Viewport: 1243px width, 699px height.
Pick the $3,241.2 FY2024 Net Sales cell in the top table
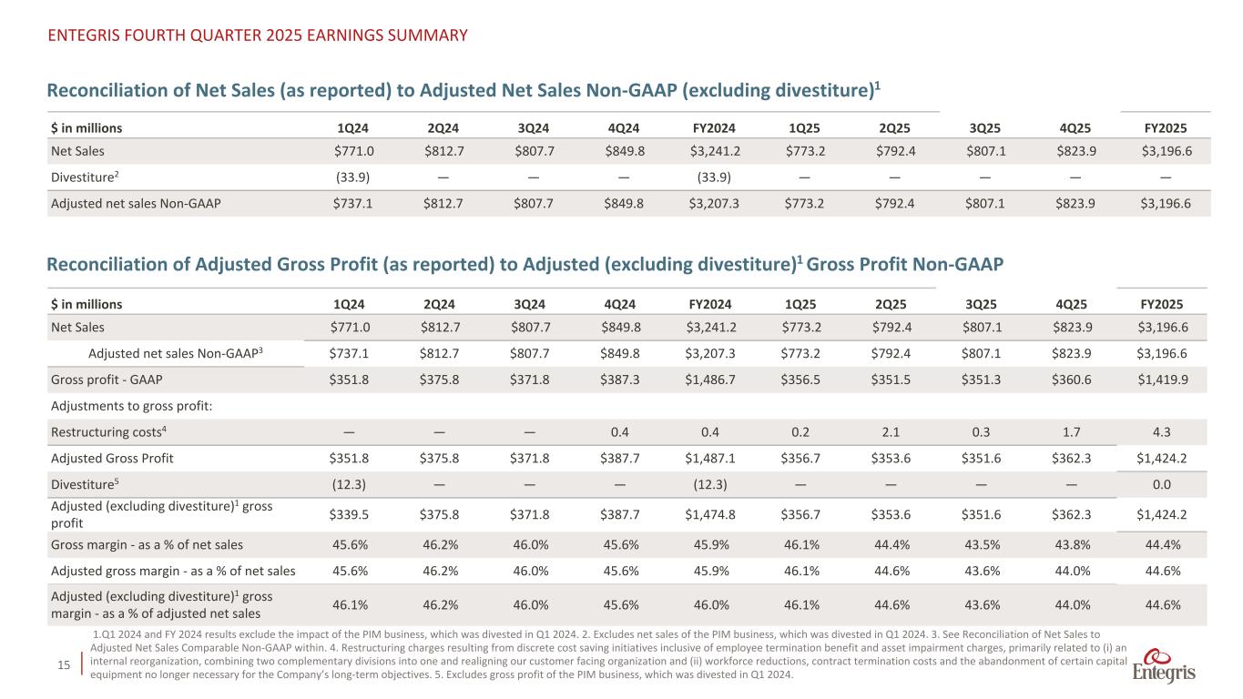(714, 151)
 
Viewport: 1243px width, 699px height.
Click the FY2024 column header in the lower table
(714, 304)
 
